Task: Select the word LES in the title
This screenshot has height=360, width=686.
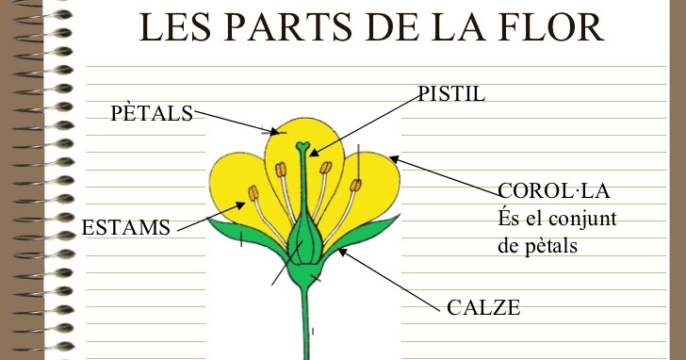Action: pos(173,28)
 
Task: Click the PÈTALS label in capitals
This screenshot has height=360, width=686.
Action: pos(151,114)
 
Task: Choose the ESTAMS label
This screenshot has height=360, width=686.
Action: pos(126,227)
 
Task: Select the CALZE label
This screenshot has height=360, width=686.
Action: pos(483,307)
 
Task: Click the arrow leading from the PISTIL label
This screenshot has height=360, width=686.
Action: pos(367,123)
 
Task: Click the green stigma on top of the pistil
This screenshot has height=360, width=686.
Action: pos(302,147)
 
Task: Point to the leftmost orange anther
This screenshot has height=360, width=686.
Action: pos(253,193)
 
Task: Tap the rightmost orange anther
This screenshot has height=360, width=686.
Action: pos(355,185)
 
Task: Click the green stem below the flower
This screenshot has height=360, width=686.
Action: pos(306,325)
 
